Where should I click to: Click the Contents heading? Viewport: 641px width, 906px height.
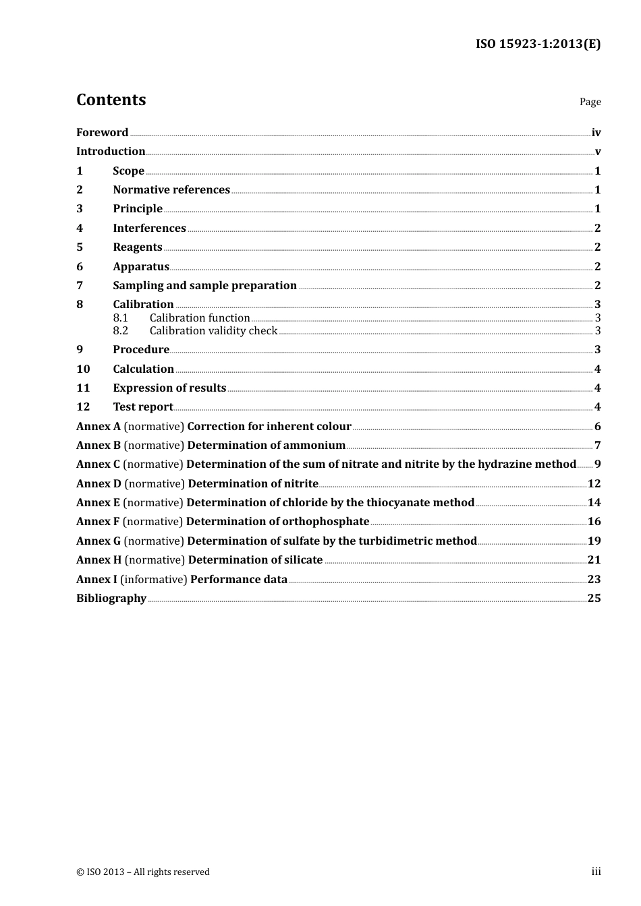111,100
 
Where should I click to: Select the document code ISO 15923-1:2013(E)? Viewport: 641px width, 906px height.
538,44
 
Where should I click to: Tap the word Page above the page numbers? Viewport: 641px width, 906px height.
590,102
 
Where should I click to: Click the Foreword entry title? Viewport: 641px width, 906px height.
102,133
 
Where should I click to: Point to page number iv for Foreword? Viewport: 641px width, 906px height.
596,133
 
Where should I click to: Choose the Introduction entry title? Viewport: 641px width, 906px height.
111,152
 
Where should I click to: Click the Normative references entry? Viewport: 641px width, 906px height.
171,190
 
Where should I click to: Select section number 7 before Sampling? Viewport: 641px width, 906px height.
80,286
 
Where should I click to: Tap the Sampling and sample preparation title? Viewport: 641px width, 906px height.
204,286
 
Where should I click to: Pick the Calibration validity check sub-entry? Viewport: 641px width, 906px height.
213,331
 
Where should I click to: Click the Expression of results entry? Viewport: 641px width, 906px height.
169,388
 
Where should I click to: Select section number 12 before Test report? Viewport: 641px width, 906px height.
83,407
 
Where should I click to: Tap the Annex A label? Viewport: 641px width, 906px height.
99,427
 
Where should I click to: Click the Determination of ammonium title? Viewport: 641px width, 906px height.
266,446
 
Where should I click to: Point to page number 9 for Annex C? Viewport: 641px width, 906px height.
597,464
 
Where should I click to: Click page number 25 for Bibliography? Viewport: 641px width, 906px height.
594,599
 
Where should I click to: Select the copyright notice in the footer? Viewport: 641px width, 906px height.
143,872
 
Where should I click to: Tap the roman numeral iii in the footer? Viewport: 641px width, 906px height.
596,872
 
